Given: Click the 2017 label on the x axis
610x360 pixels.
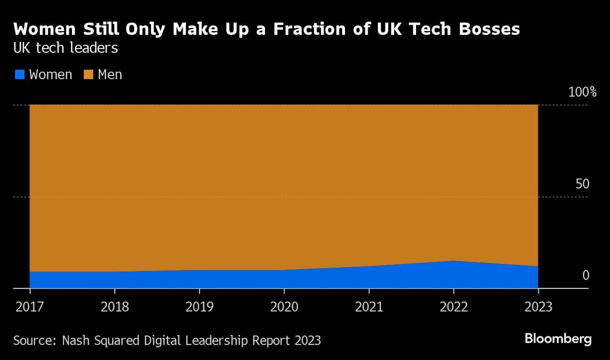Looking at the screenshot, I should coord(30,306).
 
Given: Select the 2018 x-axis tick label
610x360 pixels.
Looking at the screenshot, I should coord(115,306).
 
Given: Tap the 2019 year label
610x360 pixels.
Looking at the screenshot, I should coord(199,306).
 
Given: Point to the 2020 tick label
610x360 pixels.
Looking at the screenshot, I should coord(284,306).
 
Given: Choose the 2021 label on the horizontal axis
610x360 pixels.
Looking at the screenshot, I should coord(369,306).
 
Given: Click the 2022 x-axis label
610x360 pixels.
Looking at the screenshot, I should coord(454,306).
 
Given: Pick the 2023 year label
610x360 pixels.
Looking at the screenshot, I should coord(538,306).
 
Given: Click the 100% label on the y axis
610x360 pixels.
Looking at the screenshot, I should coord(582,92).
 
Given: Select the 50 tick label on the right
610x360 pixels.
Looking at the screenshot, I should coord(582,184).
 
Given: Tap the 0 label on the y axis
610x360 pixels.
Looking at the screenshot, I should coord(586,276).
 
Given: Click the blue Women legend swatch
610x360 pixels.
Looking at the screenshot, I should coord(19,75).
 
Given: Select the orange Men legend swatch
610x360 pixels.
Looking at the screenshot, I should coord(88,75).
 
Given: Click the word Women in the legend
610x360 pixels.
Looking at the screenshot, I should coord(51,75).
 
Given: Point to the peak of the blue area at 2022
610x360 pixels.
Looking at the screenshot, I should coord(454,261).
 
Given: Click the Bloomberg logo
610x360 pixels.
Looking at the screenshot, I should coord(558,339).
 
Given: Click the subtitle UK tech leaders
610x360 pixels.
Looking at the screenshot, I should coord(66,48).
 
